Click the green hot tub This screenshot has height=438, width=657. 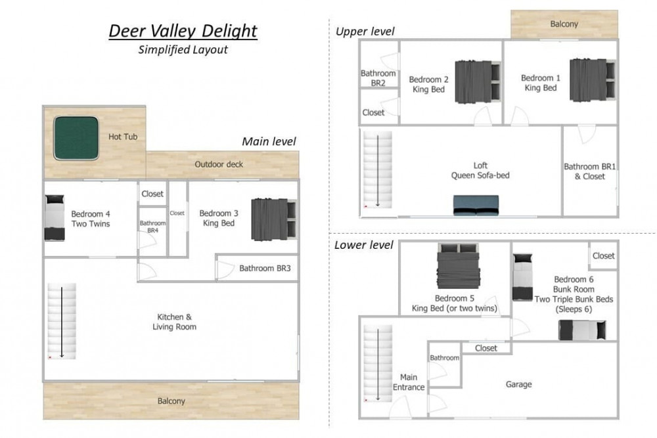(76, 138)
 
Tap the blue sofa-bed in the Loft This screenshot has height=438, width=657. (476, 205)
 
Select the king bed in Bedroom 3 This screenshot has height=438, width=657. (274, 219)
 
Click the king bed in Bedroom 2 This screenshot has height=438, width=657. (478, 81)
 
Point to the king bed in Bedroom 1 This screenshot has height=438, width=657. (593, 80)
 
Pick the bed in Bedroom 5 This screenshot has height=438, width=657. (458, 266)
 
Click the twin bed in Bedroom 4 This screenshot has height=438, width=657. (55, 218)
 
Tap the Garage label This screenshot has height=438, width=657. (519, 384)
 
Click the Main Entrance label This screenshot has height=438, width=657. (409, 382)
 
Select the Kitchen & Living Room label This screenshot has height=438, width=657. (174, 322)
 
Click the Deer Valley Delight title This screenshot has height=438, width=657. (183, 31)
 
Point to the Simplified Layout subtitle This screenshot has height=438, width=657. (183, 49)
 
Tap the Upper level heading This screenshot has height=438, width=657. (365, 32)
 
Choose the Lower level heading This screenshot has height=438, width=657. (364, 245)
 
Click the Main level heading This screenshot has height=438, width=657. (269, 142)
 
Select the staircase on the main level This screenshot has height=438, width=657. (62, 321)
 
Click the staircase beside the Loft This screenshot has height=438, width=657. (378, 169)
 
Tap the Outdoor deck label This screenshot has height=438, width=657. (219, 164)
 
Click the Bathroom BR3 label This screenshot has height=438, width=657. (265, 268)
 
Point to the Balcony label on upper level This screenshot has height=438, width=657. (564, 24)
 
